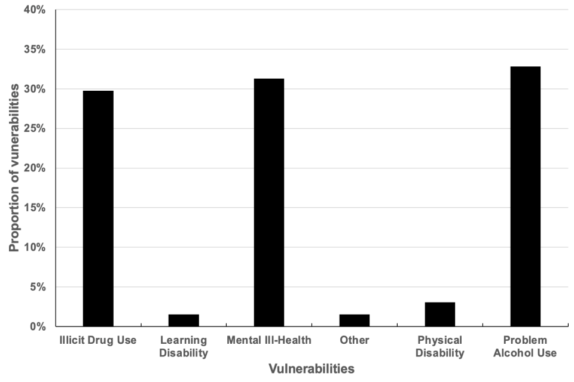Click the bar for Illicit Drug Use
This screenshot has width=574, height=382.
click(98, 208)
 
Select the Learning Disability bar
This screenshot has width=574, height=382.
click(184, 321)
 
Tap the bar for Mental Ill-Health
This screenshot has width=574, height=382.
click(269, 202)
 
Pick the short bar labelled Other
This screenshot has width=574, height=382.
click(355, 321)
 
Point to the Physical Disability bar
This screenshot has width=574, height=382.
click(440, 315)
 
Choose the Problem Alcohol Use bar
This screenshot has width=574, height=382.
click(526, 196)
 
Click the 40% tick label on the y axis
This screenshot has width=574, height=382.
click(35, 10)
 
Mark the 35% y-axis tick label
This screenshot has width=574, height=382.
click(35, 50)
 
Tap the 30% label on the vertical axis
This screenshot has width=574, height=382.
click(35, 89)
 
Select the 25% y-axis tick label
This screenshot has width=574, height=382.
click(35, 128)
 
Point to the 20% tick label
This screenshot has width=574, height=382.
click(35, 168)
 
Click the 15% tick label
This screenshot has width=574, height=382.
click(35, 208)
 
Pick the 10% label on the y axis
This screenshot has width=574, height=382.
click(35, 247)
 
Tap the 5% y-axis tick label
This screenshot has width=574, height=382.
click(38, 287)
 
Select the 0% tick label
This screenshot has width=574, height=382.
click(38, 326)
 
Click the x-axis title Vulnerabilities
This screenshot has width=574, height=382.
click(312, 369)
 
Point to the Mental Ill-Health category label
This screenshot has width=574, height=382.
click(269, 341)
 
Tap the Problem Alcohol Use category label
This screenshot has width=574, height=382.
click(526, 347)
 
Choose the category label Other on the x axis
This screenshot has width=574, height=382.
click(355, 341)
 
